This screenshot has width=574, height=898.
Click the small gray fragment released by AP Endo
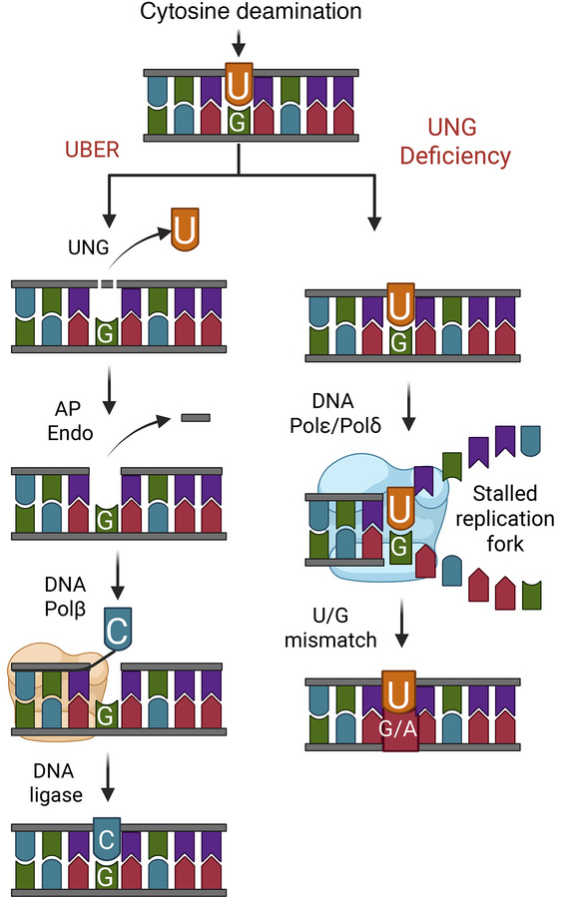click(x=195, y=417)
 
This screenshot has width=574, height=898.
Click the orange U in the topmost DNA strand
click(x=238, y=86)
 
